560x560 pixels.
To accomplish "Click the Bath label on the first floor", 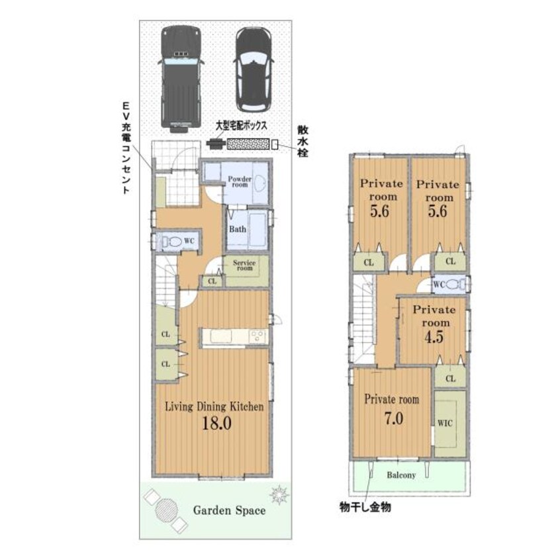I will [237, 230].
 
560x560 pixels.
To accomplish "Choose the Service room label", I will [244, 265].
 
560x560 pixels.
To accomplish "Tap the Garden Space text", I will [229, 510].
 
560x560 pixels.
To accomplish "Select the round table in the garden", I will [166, 510].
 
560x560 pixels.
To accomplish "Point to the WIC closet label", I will [444, 424].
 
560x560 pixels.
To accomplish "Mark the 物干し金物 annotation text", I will [365, 508].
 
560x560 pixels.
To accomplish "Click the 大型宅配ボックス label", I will [240, 124].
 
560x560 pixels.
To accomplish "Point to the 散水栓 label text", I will [302, 138].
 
